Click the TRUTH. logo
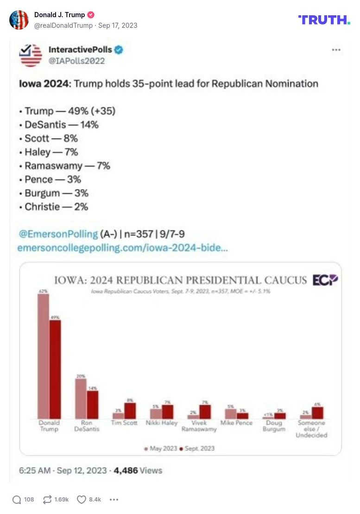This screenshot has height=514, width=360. [324, 19]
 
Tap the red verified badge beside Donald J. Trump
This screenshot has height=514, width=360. [91, 15]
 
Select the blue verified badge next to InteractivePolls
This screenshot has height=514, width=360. [119, 50]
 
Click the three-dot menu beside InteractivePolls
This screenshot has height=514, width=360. [336, 50]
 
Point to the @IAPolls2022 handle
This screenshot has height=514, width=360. [76, 61]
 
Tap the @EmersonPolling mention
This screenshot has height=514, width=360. [57, 234]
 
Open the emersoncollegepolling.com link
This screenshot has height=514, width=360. [122, 248]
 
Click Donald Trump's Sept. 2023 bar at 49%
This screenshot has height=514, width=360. [55, 369]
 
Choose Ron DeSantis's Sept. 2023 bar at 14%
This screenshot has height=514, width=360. [93, 405]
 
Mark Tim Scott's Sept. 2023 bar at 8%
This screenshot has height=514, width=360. [130, 411]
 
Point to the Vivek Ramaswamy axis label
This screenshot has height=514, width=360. [199, 426]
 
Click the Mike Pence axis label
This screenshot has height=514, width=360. [236, 423]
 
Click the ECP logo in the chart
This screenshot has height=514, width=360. [325, 280]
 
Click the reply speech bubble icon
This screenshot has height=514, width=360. [17, 499]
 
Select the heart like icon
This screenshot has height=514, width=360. [82, 499]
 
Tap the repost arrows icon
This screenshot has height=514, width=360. [47, 499]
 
